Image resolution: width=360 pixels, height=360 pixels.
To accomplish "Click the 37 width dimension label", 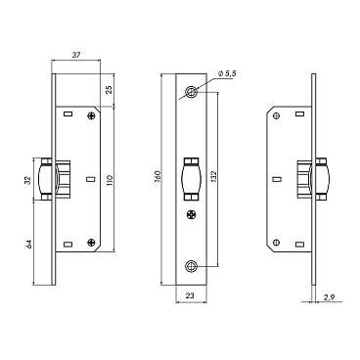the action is tap(76, 55).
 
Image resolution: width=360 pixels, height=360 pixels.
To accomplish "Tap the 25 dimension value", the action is tap(110, 89).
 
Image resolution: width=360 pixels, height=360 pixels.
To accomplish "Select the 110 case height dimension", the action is tap(110, 179).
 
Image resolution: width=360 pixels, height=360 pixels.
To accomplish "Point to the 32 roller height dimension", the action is tap(28, 180).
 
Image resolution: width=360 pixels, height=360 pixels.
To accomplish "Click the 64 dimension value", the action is tap(28, 245).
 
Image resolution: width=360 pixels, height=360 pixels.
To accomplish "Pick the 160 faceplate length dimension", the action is tap(157, 176).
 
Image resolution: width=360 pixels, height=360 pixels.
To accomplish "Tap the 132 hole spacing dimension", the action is tap(214, 176).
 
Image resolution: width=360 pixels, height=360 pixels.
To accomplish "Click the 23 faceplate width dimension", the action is tap(190, 295).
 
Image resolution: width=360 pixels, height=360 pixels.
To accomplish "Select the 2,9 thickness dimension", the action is tap(328, 297).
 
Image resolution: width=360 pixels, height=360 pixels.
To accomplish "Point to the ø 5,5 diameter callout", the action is tap(227, 74).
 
